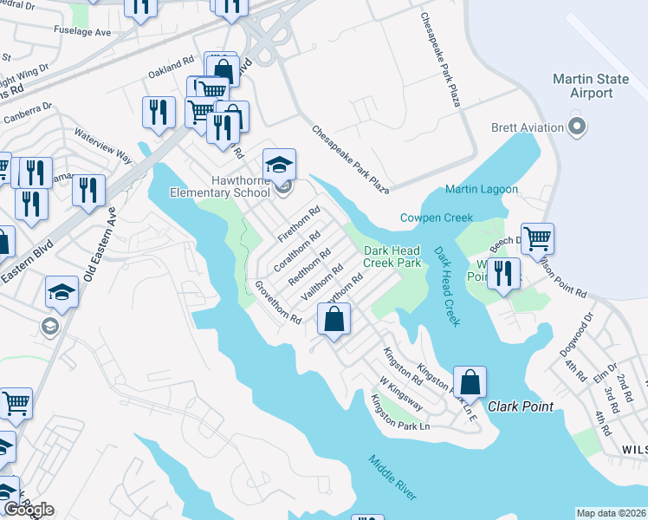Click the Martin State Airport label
tap(591, 88)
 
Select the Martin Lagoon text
tap(482, 189)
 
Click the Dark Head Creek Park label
tap(392, 257)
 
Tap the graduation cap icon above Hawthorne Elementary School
tap(280, 165)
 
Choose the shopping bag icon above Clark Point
tap(470, 382)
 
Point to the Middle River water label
tap(392, 477)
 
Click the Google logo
tap(28, 510)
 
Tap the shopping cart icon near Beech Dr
tap(537, 238)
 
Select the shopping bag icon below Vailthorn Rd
tap(334, 320)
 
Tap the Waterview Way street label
tap(102, 146)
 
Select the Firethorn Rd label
tap(299, 223)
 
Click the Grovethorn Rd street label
tap(277, 302)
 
